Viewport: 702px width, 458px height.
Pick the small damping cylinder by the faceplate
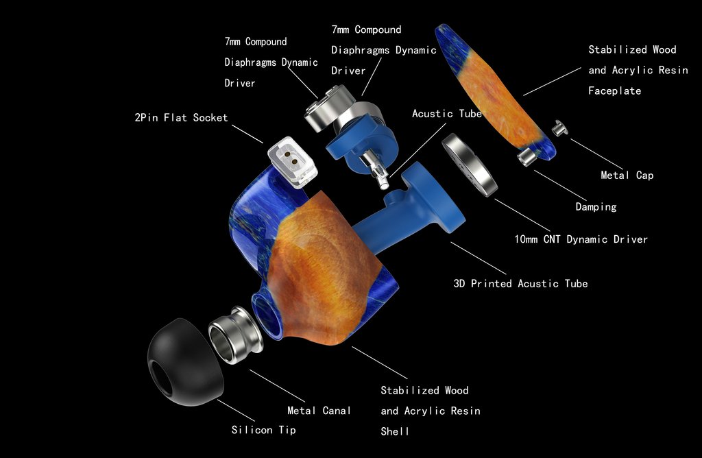pos(527,155)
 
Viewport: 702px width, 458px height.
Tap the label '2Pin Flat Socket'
pos(181,118)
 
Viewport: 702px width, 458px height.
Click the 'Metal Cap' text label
pos(627,176)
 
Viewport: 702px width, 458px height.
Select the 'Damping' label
pos(596,206)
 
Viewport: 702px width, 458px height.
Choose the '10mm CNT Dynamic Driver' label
pos(581,239)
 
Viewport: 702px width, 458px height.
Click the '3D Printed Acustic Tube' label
pos(520,283)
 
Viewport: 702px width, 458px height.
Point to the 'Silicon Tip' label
pos(263,431)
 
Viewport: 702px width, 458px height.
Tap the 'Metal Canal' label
pos(319,411)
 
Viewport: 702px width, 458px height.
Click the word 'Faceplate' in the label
pos(614,91)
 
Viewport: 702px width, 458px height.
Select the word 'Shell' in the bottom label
pos(395,431)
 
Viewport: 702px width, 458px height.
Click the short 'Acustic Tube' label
pos(447,114)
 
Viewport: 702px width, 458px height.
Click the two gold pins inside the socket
pos(295,160)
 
